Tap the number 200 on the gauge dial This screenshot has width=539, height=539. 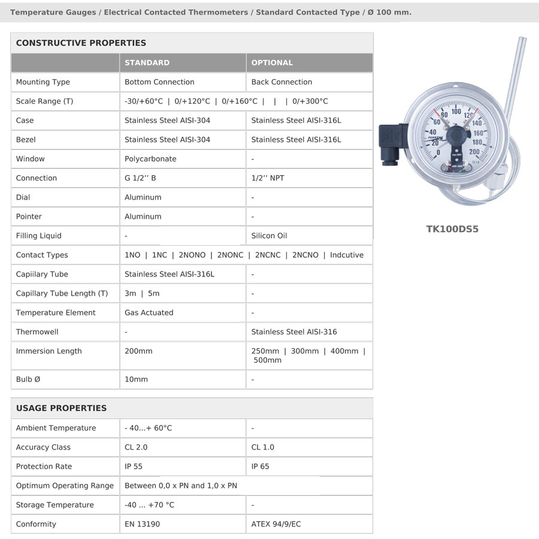click(474, 152)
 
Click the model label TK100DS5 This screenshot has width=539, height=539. click(452, 229)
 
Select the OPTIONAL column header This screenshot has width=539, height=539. click(272, 62)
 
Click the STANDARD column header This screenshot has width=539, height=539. click(147, 62)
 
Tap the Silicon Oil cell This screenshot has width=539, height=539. click(269, 236)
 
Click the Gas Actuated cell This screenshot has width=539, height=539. click(149, 312)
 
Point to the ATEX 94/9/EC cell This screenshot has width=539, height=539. click(276, 524)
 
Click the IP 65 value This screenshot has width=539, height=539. click(261, 466)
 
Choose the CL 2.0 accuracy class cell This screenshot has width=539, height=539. click(136, 447)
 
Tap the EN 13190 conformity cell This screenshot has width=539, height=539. click(142, 524)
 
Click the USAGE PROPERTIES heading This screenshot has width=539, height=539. click(61, 408)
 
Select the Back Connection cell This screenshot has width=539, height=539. click(281, 82)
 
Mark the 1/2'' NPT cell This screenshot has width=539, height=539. click(268, 178)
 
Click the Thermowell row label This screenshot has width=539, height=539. click(37, 332)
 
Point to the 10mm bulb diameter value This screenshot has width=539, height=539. click(136, 380)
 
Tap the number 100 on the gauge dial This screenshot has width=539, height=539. click(456, 111)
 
